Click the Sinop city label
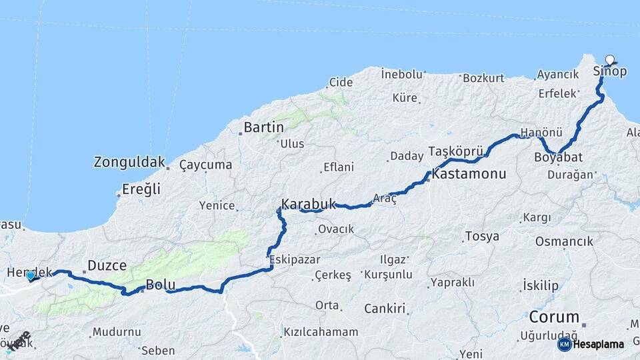[609, 72]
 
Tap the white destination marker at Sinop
[609, 59]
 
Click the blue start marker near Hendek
[31, 275]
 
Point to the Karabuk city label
[307, 203]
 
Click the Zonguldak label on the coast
[129, 162]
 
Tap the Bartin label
[264, 127]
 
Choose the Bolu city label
[160, 285]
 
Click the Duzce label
[107, 265]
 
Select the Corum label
[554, 316]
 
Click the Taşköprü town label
[455, 150]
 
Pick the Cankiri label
[385, 309]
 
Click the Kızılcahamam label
[321, 331]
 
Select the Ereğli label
[141, 189]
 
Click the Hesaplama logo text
[599, 345]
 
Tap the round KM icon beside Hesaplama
[565, 344]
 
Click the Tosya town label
[482, 236]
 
